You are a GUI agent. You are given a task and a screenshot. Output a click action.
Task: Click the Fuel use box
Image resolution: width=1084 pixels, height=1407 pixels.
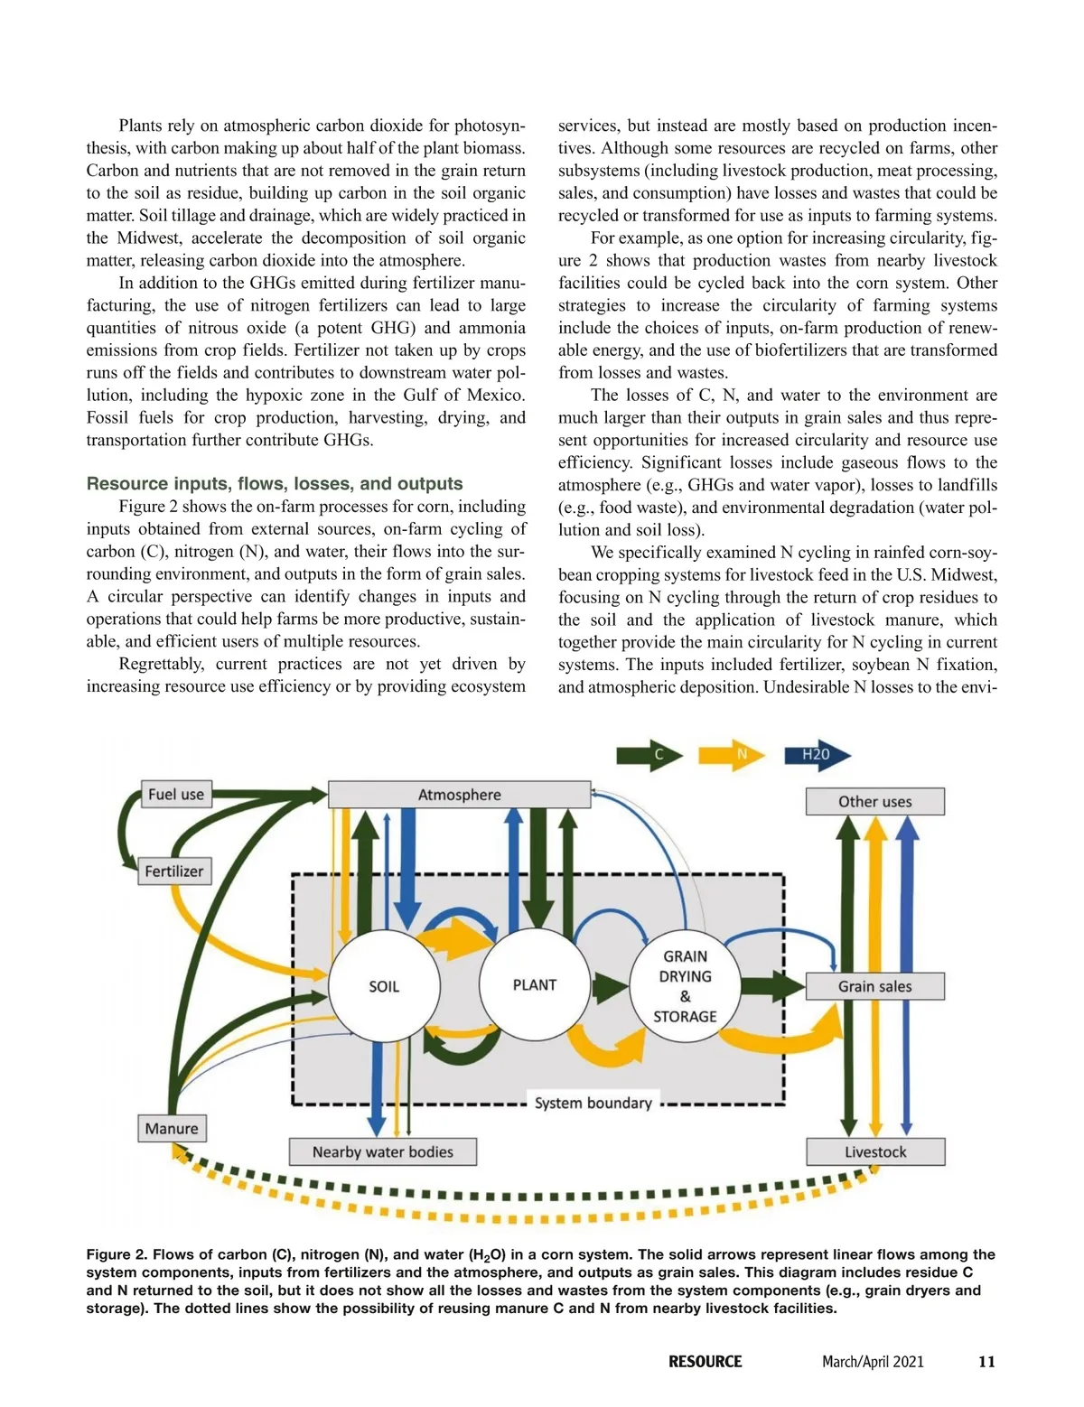[175, 795]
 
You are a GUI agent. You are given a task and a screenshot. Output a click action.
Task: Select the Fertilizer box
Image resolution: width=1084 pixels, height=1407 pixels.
[174, 871]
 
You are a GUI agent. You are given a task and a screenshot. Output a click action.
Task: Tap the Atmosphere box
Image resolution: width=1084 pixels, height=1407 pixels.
[459, 795]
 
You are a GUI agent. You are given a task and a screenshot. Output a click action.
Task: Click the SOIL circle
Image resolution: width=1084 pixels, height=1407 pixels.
[384, 986]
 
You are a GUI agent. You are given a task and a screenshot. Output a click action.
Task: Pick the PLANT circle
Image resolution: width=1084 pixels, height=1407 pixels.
[535, 984]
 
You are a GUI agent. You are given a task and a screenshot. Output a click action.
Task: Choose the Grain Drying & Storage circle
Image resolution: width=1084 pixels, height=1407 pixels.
[685, 986]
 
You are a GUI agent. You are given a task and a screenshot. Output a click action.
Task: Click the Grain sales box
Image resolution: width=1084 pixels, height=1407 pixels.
[874, 986]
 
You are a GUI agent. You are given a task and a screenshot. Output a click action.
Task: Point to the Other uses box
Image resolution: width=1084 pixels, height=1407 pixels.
[874, 802]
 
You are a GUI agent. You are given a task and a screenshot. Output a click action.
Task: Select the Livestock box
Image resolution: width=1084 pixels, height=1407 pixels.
[874, 1152]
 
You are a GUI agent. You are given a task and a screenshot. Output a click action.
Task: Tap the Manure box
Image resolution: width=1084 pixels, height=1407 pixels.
[172, 1129]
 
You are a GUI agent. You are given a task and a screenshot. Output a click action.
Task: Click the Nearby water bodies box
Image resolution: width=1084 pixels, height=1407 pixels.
[382, 1152]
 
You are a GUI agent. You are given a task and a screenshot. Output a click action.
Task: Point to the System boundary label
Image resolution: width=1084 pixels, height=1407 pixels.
[593, 1103]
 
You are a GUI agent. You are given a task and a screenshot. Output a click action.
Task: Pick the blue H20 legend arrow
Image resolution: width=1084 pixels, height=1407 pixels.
[815, 755]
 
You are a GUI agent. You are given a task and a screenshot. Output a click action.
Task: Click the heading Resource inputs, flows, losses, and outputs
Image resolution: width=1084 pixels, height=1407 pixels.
[275, 484]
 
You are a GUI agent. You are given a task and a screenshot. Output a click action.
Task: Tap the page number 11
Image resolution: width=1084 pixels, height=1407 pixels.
[986, 1362]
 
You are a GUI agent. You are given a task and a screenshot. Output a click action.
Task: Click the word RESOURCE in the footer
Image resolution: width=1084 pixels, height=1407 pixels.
[705, 1362]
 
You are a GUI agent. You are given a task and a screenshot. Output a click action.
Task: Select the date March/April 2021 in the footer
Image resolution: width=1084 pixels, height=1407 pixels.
[873, 1362]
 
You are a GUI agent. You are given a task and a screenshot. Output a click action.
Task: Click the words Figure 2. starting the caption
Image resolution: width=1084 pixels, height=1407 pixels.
[117, 1254]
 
